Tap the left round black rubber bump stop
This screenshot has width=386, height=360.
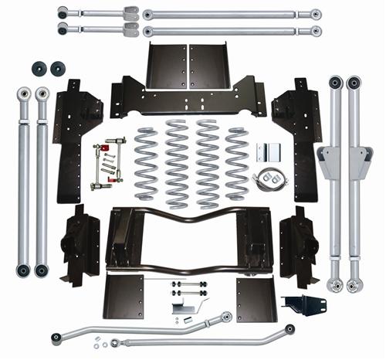pyautogui.click(x=37, y=69)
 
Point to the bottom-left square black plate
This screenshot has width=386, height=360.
pyautogui.click(x=125, y=296)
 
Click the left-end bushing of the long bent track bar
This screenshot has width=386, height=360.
pyautogui.click(x=56, y=337)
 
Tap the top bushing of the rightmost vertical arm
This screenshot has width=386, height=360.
pyautogui.click(x=354, y=81)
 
